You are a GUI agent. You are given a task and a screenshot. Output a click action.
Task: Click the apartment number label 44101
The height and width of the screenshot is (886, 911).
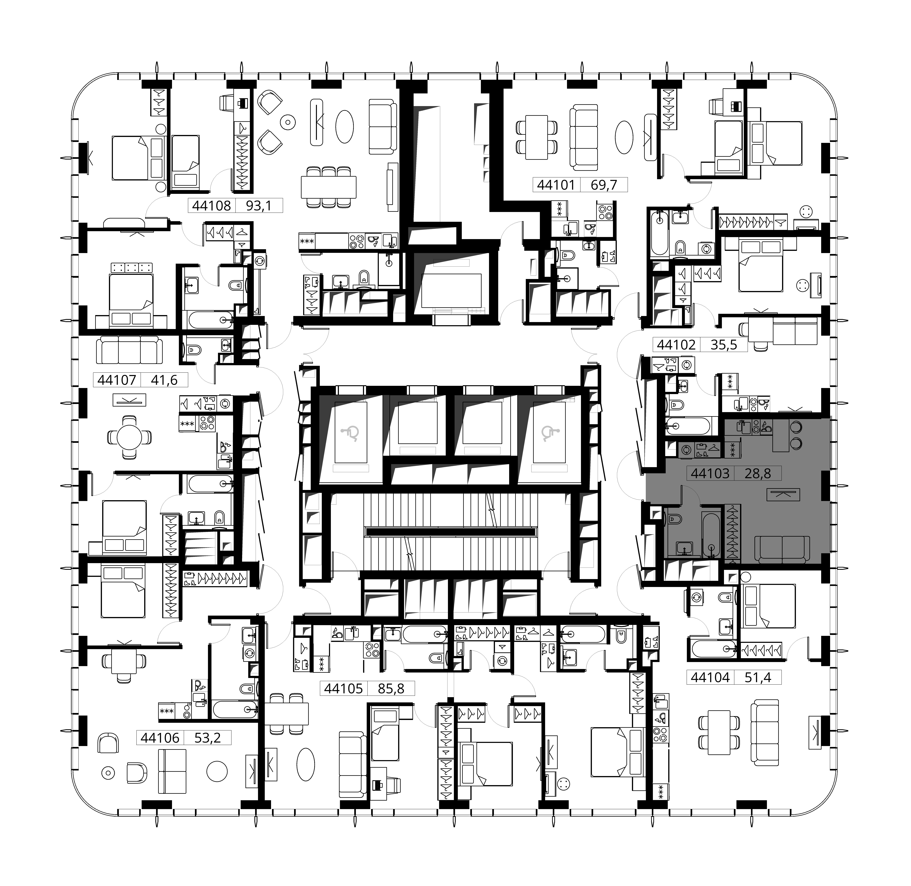[x=556, y=185]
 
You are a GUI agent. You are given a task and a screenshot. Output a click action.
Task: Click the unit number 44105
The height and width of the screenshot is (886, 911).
[x=343, y=688]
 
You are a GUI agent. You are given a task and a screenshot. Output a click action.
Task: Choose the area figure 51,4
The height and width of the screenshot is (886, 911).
[x=758, y=677]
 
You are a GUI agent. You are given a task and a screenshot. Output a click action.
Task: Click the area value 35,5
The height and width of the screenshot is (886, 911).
[x=724, y=345]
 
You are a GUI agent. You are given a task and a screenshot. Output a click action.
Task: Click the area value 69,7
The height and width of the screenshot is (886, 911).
[x=604, y=185]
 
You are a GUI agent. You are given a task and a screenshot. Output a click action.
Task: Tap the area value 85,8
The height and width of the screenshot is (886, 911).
[x=391, y=688]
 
